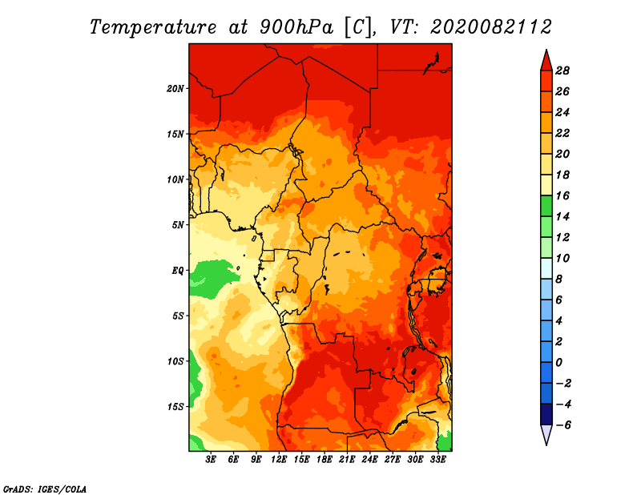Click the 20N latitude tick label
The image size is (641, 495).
175,88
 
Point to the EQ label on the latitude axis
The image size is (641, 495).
177,270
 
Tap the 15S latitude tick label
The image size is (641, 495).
175,406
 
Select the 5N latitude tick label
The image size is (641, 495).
178,225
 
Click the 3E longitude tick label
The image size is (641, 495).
212,459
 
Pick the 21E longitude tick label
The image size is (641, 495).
347,459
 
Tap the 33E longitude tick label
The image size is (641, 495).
437,459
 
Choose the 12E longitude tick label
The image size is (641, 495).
279,459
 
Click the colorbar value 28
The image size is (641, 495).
562,70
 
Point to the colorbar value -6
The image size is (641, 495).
562,425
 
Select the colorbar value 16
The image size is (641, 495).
562,195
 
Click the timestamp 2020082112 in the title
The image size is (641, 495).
491,26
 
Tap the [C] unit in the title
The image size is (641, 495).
358,26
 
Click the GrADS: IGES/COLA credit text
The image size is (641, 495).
44,487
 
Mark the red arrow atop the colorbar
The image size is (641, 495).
546,60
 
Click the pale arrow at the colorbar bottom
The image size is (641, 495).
546,435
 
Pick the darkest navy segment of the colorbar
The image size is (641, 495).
546,414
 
